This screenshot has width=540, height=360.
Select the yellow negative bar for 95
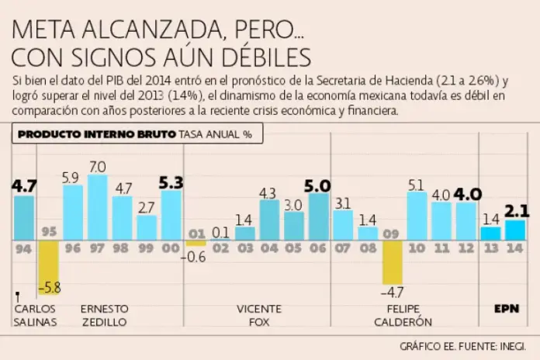48,268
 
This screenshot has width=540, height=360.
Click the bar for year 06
318,216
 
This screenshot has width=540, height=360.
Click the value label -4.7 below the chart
393,292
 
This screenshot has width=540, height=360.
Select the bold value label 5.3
171,183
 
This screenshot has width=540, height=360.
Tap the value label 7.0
97,167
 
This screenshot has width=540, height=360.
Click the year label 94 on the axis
23,248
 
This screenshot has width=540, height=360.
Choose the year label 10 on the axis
417,248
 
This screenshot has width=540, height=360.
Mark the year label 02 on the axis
220,248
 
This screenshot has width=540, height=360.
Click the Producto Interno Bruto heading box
137,133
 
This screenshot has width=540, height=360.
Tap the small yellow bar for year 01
196,244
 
